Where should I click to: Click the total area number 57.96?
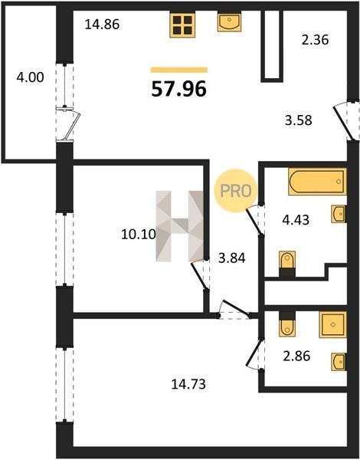tap(178, 89)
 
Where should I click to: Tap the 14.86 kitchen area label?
tap(102, 25)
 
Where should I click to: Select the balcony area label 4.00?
tap(30, 77)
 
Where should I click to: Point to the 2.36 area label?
tap(315, 40)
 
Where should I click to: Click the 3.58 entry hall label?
tap(299, 120)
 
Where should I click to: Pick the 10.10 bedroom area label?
tap(139, 234)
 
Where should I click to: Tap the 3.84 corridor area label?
tap(232, 258)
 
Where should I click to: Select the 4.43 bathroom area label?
tap(296, 220)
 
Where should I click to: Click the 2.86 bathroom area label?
tap(296, 356)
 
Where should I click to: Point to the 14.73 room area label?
tap(188, 384)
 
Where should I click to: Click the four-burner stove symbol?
tap(182, 25)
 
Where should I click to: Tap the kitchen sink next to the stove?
tap(229, 21)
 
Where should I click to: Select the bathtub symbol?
tap(317, 181)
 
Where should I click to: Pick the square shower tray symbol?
tap(332, 324)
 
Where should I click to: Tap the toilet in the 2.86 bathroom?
tap(287, 324)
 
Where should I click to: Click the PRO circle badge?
tap(236, 191)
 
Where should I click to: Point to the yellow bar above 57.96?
tap(179, 70)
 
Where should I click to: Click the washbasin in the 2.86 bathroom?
tap(339, 362)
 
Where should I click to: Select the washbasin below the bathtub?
tap(339, 214)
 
